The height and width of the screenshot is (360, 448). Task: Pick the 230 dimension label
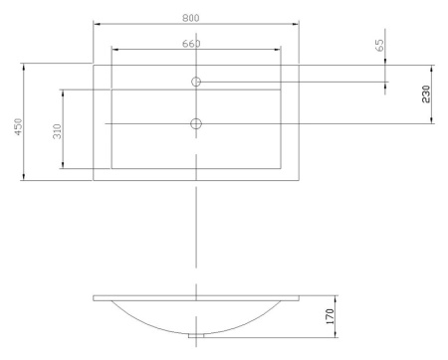425,94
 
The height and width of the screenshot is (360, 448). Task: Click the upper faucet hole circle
196,82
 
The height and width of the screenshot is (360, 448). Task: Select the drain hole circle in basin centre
196,123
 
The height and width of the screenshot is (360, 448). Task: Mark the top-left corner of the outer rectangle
93,66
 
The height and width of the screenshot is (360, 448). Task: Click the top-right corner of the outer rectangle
300,66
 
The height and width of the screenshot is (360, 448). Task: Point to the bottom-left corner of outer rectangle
93,181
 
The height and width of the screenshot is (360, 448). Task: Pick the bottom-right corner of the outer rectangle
300,181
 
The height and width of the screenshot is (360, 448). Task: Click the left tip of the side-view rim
93,298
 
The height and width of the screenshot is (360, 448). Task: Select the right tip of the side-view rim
300,298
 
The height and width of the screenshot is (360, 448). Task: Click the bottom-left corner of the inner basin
112,167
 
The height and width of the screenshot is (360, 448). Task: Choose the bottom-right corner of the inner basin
281,167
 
